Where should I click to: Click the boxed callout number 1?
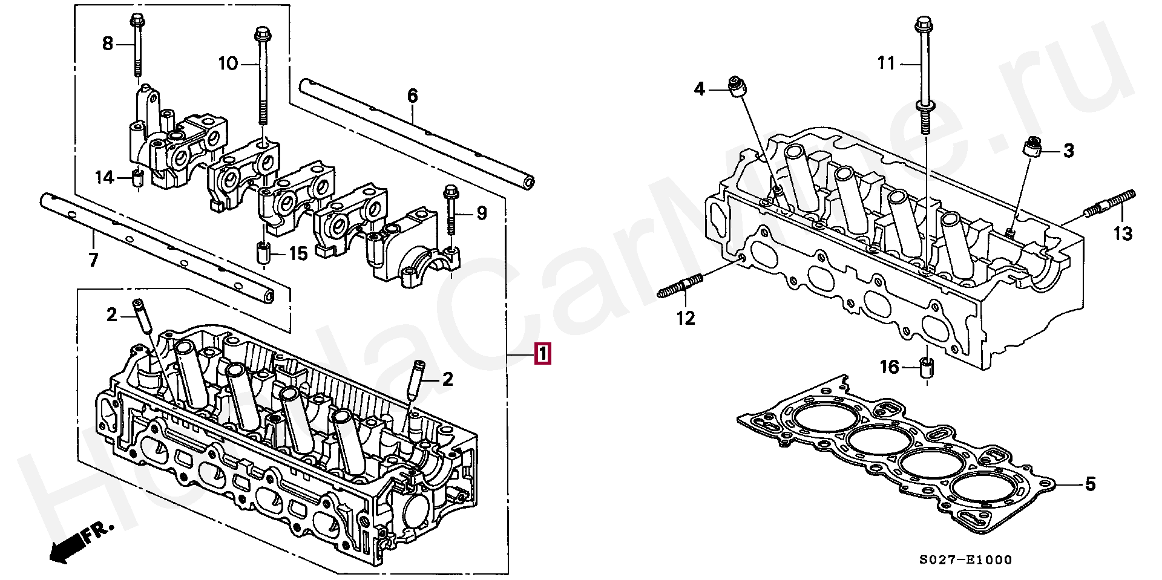[x=542, y=354]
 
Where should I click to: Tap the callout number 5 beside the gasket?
[x=1090, y=484]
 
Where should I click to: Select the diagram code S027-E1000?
[x=965, y=560]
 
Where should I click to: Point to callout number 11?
[x=887, y=63]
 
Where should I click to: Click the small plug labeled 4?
[x=737, y=86]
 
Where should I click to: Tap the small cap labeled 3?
[x=1032, y=147]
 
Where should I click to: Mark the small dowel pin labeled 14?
[x=138, y=178]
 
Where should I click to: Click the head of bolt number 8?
[x=136, y=20]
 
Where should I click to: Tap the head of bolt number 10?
[x=262, y=33]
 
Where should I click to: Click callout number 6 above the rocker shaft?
[x=412, y=96]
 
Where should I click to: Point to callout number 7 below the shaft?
[x=93, y=260]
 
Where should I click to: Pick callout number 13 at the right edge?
[x=1123, y=233]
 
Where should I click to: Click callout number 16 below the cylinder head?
[x=889, y=367]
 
